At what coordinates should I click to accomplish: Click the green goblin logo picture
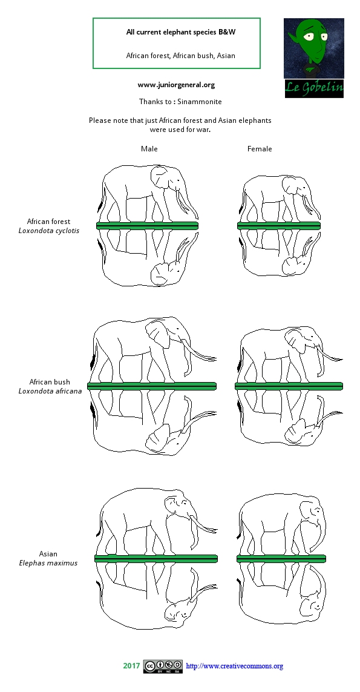point(313,48)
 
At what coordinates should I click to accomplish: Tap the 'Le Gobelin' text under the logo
point(314,88)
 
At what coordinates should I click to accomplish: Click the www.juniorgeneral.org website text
point(176,85)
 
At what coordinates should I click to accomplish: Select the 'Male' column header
point(149,149)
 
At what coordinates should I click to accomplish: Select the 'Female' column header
point(260,149)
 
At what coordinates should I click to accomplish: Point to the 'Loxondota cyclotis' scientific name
point(48,231)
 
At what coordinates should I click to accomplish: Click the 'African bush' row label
point(50,382)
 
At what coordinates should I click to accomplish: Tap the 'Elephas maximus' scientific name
point(48,563)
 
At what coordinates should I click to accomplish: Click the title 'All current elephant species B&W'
point(176,32)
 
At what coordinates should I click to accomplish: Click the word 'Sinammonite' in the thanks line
point(199,102)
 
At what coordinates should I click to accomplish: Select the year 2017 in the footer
point(131,666)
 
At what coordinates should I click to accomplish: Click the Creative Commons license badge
point(163,667)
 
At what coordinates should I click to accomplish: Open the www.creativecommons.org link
point(234,667)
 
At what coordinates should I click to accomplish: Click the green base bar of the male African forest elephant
point(148,225)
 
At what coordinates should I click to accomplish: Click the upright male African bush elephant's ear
point(156,335)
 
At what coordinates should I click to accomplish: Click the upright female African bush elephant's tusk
point(330,354)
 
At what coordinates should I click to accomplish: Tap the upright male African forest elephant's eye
point(178,180)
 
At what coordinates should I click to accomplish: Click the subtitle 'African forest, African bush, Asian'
point(180,55)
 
